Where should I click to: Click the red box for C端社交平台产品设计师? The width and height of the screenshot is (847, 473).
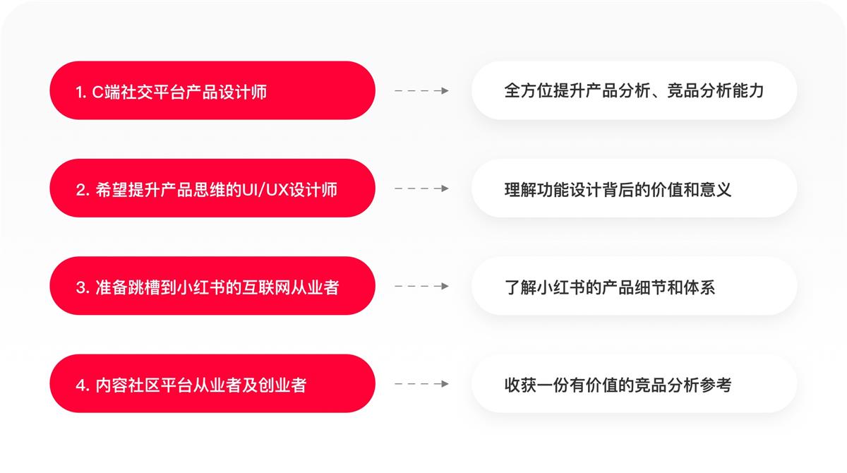point(212,90)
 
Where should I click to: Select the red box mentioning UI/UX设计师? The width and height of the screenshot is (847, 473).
point(212,188)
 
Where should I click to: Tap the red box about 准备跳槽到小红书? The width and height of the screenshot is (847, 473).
point(212,286)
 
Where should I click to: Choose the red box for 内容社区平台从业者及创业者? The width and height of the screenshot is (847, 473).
point(212,384)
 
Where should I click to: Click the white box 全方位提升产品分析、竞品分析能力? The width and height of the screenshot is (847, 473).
point(634,90)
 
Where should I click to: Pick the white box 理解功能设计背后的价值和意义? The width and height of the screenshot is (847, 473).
point(634,188)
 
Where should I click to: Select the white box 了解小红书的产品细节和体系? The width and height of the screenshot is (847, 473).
point(634,286)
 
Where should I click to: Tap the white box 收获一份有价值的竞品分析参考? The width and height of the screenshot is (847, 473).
point(634,384)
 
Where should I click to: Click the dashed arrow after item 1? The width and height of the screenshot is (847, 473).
point(421,91)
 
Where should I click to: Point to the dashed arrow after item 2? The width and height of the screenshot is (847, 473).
point(421,188)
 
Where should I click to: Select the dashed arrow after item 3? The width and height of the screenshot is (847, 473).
point(421,287)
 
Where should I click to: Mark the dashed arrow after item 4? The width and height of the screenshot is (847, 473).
point(421,384)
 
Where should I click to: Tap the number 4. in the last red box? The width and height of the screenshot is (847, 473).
point(81,385)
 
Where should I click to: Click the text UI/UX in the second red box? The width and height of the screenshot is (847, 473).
point(264,190)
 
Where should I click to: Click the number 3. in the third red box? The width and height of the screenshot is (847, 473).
point(81,287)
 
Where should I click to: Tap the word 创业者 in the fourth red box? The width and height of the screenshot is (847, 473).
point(284,385)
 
